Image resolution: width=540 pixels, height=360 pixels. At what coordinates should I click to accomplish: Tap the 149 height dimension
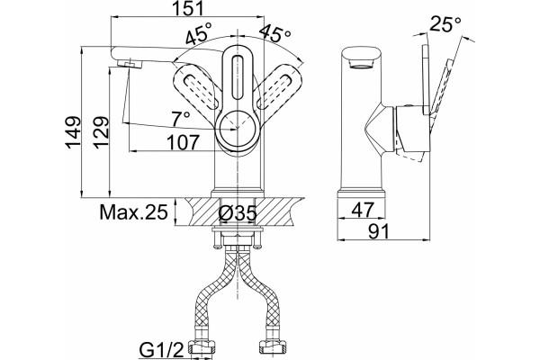point(73,132)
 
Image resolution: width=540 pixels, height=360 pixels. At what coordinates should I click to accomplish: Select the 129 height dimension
point(102,132)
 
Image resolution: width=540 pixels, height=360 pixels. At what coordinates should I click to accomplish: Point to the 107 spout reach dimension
point(184,142)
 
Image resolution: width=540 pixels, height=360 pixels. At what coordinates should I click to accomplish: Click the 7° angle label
point(181,119)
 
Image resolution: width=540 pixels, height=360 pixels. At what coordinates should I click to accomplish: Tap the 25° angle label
point(445,24)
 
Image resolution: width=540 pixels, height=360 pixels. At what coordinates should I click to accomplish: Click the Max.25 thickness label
point(133,211)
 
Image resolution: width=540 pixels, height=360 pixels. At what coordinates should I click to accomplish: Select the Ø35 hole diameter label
point(238,213)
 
